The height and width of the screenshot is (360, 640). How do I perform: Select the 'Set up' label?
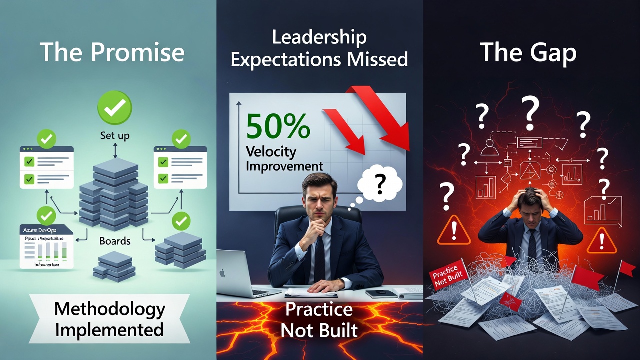coord(115,135)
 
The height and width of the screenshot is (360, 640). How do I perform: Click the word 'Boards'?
coord(115,241)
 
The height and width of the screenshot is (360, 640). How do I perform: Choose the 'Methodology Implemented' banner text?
coord(109,319)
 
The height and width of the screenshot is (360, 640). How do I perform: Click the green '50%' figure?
coord(278,126)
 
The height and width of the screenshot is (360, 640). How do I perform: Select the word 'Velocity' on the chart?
coord(271,152)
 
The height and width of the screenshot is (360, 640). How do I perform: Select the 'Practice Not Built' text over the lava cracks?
coord(319,320)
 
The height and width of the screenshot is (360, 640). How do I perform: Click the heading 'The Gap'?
coord(528,52)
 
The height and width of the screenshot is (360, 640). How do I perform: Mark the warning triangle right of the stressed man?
coord(601,241)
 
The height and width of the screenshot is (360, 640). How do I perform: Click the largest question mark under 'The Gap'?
coord(531,111)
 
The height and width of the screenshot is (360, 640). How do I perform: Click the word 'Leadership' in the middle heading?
coord(319,37)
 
